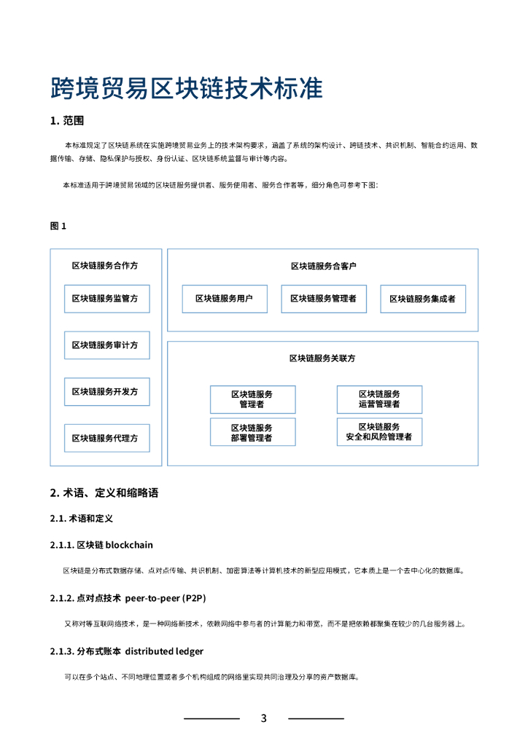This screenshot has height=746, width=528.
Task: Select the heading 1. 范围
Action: tap(67, 120)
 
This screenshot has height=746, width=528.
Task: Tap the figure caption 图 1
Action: tap(58, 226)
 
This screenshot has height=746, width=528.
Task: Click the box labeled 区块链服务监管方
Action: tap(106, 299)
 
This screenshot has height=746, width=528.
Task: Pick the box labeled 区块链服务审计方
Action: tap(106, 345)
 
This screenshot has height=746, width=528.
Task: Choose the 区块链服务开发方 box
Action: tap(106, 392)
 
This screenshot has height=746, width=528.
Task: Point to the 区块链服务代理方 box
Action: tap(106, 439)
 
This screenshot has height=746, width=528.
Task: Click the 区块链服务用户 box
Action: tap(224, 299)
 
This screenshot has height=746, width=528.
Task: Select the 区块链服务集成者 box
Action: tap(422, 299)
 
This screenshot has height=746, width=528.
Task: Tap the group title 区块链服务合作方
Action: tap(105, 266)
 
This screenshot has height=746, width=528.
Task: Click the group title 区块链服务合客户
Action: tap(323, 266)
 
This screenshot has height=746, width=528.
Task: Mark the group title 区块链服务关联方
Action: tap(323, 358)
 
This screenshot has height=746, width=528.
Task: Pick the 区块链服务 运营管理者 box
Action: tap(379, 399)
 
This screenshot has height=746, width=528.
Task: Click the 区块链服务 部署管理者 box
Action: tap(252, 432)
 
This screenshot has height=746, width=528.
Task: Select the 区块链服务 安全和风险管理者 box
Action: tap(379, 432)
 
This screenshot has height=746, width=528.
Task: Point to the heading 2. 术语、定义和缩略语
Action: tap(104, 493)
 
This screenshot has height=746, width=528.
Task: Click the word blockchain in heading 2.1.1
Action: tap(129, 545)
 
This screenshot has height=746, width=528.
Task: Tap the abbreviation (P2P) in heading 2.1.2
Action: tap(194, 598)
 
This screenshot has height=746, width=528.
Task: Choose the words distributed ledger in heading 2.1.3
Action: tap(164, 651)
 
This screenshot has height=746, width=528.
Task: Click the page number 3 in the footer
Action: tap(264, 718)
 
